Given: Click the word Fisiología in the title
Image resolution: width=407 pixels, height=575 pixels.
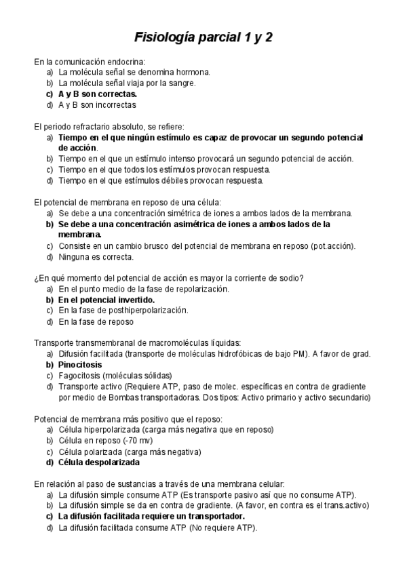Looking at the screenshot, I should click(x=162, y=37).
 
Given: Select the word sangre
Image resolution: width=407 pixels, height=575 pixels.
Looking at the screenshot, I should click(x=179, y=83).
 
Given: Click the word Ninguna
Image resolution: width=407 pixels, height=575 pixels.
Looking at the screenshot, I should click(x=75, y=257).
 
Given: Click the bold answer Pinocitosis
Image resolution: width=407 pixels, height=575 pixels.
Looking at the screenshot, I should click(x=80, y=365).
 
